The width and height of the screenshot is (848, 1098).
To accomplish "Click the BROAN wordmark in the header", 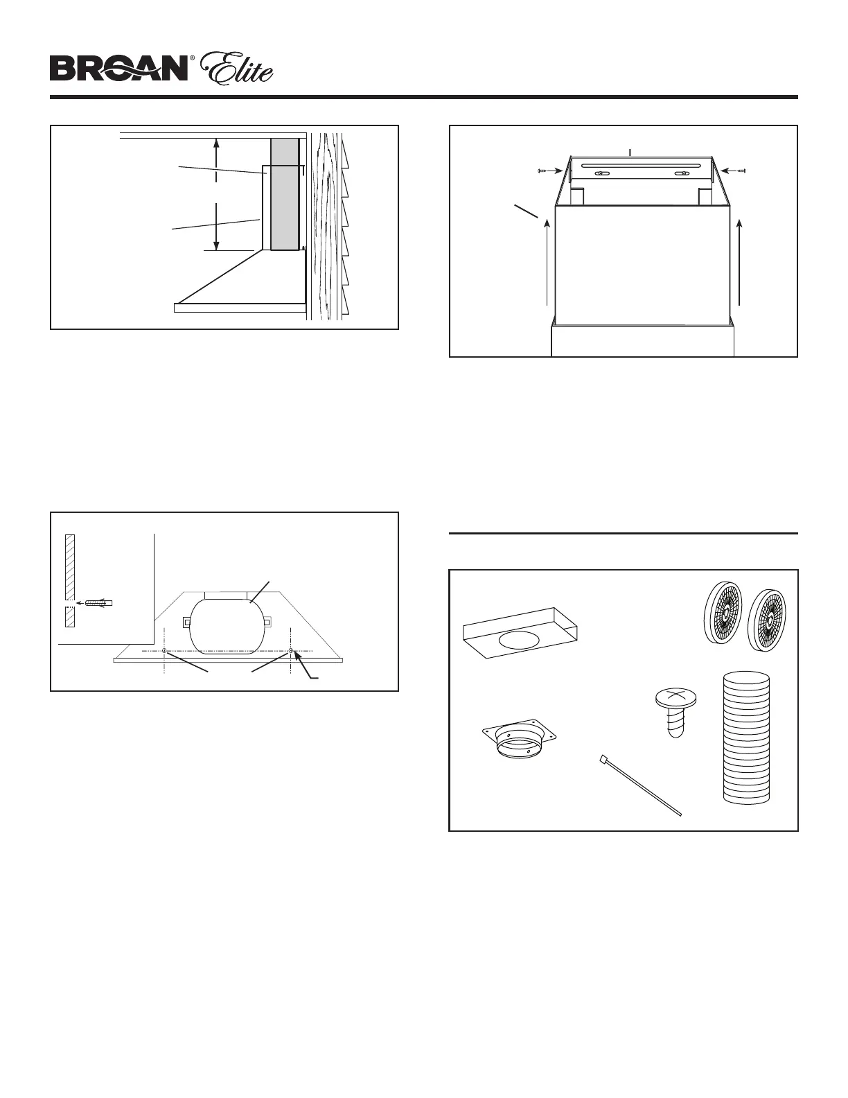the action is click(x=118, y=69).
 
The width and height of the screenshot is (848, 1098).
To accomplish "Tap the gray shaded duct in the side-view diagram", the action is click(x=285, y=193).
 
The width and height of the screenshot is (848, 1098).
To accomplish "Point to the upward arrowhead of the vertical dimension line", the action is click(x=217, y=142).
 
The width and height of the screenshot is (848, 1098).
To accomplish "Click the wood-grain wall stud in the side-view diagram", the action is click(x=328, y=225).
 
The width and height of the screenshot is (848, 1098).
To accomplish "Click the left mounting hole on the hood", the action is click(x=164, y=651).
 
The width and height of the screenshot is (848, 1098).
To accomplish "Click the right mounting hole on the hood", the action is click(x=291, y=651).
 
